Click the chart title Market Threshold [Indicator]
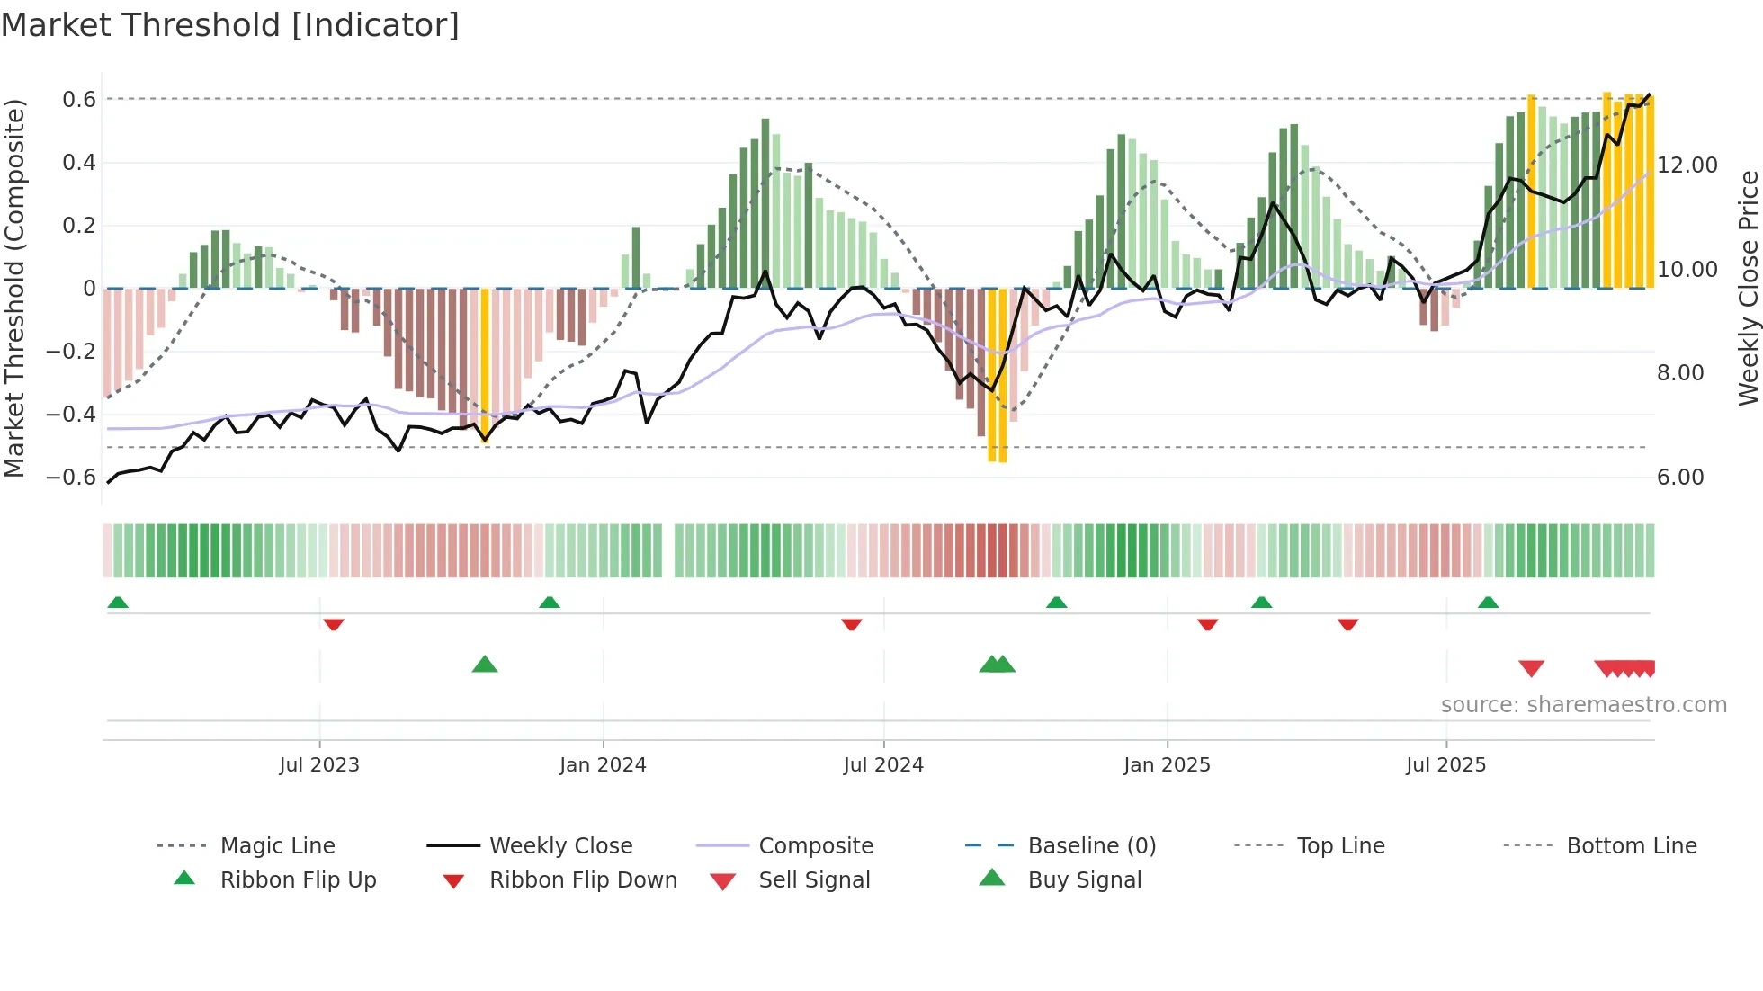(x=230, y=25)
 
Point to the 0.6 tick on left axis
(x=79, y=100)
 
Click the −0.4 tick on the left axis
(x=71, y=415)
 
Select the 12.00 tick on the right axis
(x=1687, y=165)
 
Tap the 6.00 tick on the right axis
(x=1680, y=478)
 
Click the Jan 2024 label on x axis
(x=603, y=765)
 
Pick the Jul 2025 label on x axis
(x=1445, y=765)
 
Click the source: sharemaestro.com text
(x=1583, y=705)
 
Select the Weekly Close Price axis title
(x=1748, y=288)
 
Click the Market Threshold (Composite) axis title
(x=14, y=288)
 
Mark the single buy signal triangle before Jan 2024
(x=485, y=665)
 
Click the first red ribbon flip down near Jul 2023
(x=334, y=624)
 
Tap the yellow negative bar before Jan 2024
(x=485, y=364)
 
